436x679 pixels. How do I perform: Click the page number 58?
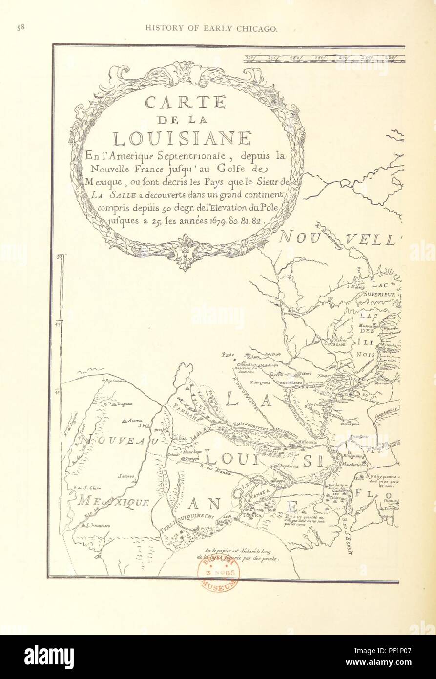point(21,28)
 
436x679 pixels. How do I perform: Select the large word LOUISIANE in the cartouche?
point(182,138)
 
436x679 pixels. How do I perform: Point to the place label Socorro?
point(125,476)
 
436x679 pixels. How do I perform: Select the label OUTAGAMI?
point(335,344)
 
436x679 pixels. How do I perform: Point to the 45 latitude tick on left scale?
point(58,323)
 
